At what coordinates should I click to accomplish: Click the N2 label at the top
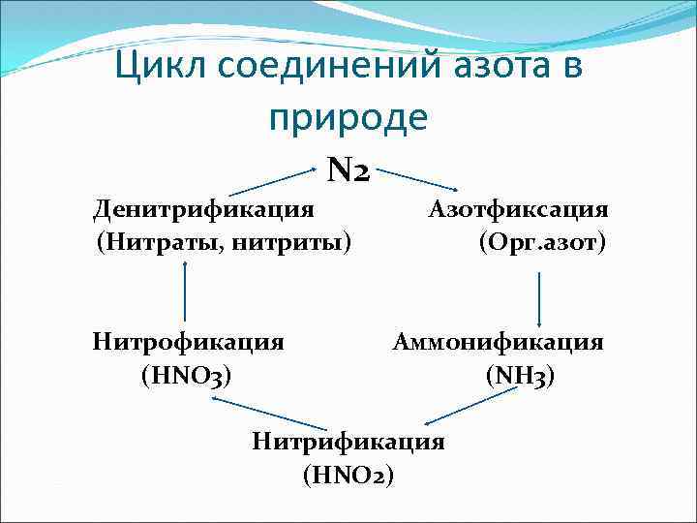pyautogui.click(x=348, y=171)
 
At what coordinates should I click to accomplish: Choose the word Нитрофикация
pyautogui.click(x=189, y=342)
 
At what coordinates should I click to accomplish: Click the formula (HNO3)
pyautogui.click(x=186, y=374)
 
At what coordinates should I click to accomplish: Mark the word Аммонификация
pyautogui.click(x=498, y=342)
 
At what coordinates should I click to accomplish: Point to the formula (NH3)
pyautogui.click(x=520, y=374)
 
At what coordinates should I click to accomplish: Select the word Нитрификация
pyautogui.click(x=348, y=442)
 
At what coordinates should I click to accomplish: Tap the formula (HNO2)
pyautogui.click(x=348, y=475)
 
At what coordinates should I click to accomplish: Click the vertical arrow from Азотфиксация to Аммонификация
pyautogui.click(x=539, y=298)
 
